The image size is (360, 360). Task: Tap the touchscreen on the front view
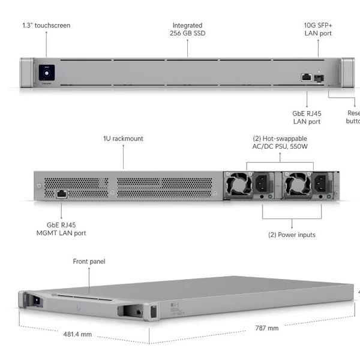[x=46, y=73]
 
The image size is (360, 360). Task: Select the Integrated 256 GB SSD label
[x=187, y=29]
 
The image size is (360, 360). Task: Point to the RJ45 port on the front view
[x=306, y=77]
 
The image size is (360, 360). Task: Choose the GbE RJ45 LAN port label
[x=307, y=116]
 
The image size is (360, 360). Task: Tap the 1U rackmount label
[x=123, y=139]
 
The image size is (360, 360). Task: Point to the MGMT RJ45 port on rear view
[x=61, y=193]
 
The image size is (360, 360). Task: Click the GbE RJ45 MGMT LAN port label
[x=61, y=229]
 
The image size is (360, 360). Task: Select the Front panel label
[x=89, y=262]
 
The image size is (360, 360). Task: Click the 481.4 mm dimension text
[x=77, y=334]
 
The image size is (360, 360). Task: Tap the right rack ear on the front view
[x=348, y=73]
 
